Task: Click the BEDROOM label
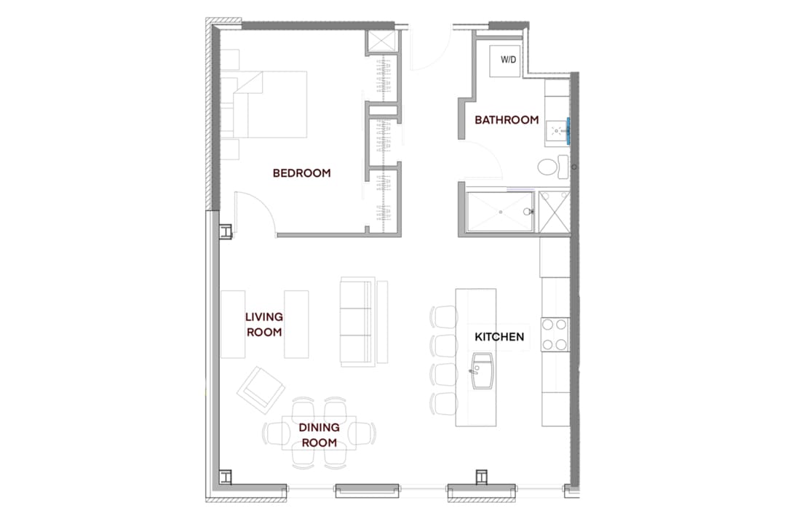click(x=302, y=173)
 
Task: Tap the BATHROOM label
click(x=507, y=120)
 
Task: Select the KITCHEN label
click(x=499, y=337)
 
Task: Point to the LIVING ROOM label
click(x=264, y=325)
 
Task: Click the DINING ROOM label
click(x=319, y=435)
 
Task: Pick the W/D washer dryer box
click(x=506, y=60)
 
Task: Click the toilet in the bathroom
click(x=553, y=167)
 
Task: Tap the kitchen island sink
click(x=482, y=371)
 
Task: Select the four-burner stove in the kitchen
click(x=555, y=335)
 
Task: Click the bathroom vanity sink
click(x=557, y=132)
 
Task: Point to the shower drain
click(x=500, y=212)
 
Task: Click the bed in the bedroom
click(x=264, y=104)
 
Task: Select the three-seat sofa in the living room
click(x=357, y=322)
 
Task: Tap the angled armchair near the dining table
click(x=261, y=390)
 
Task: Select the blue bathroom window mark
click(x=568, y=131)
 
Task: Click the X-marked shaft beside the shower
click(x=555, y=212)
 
